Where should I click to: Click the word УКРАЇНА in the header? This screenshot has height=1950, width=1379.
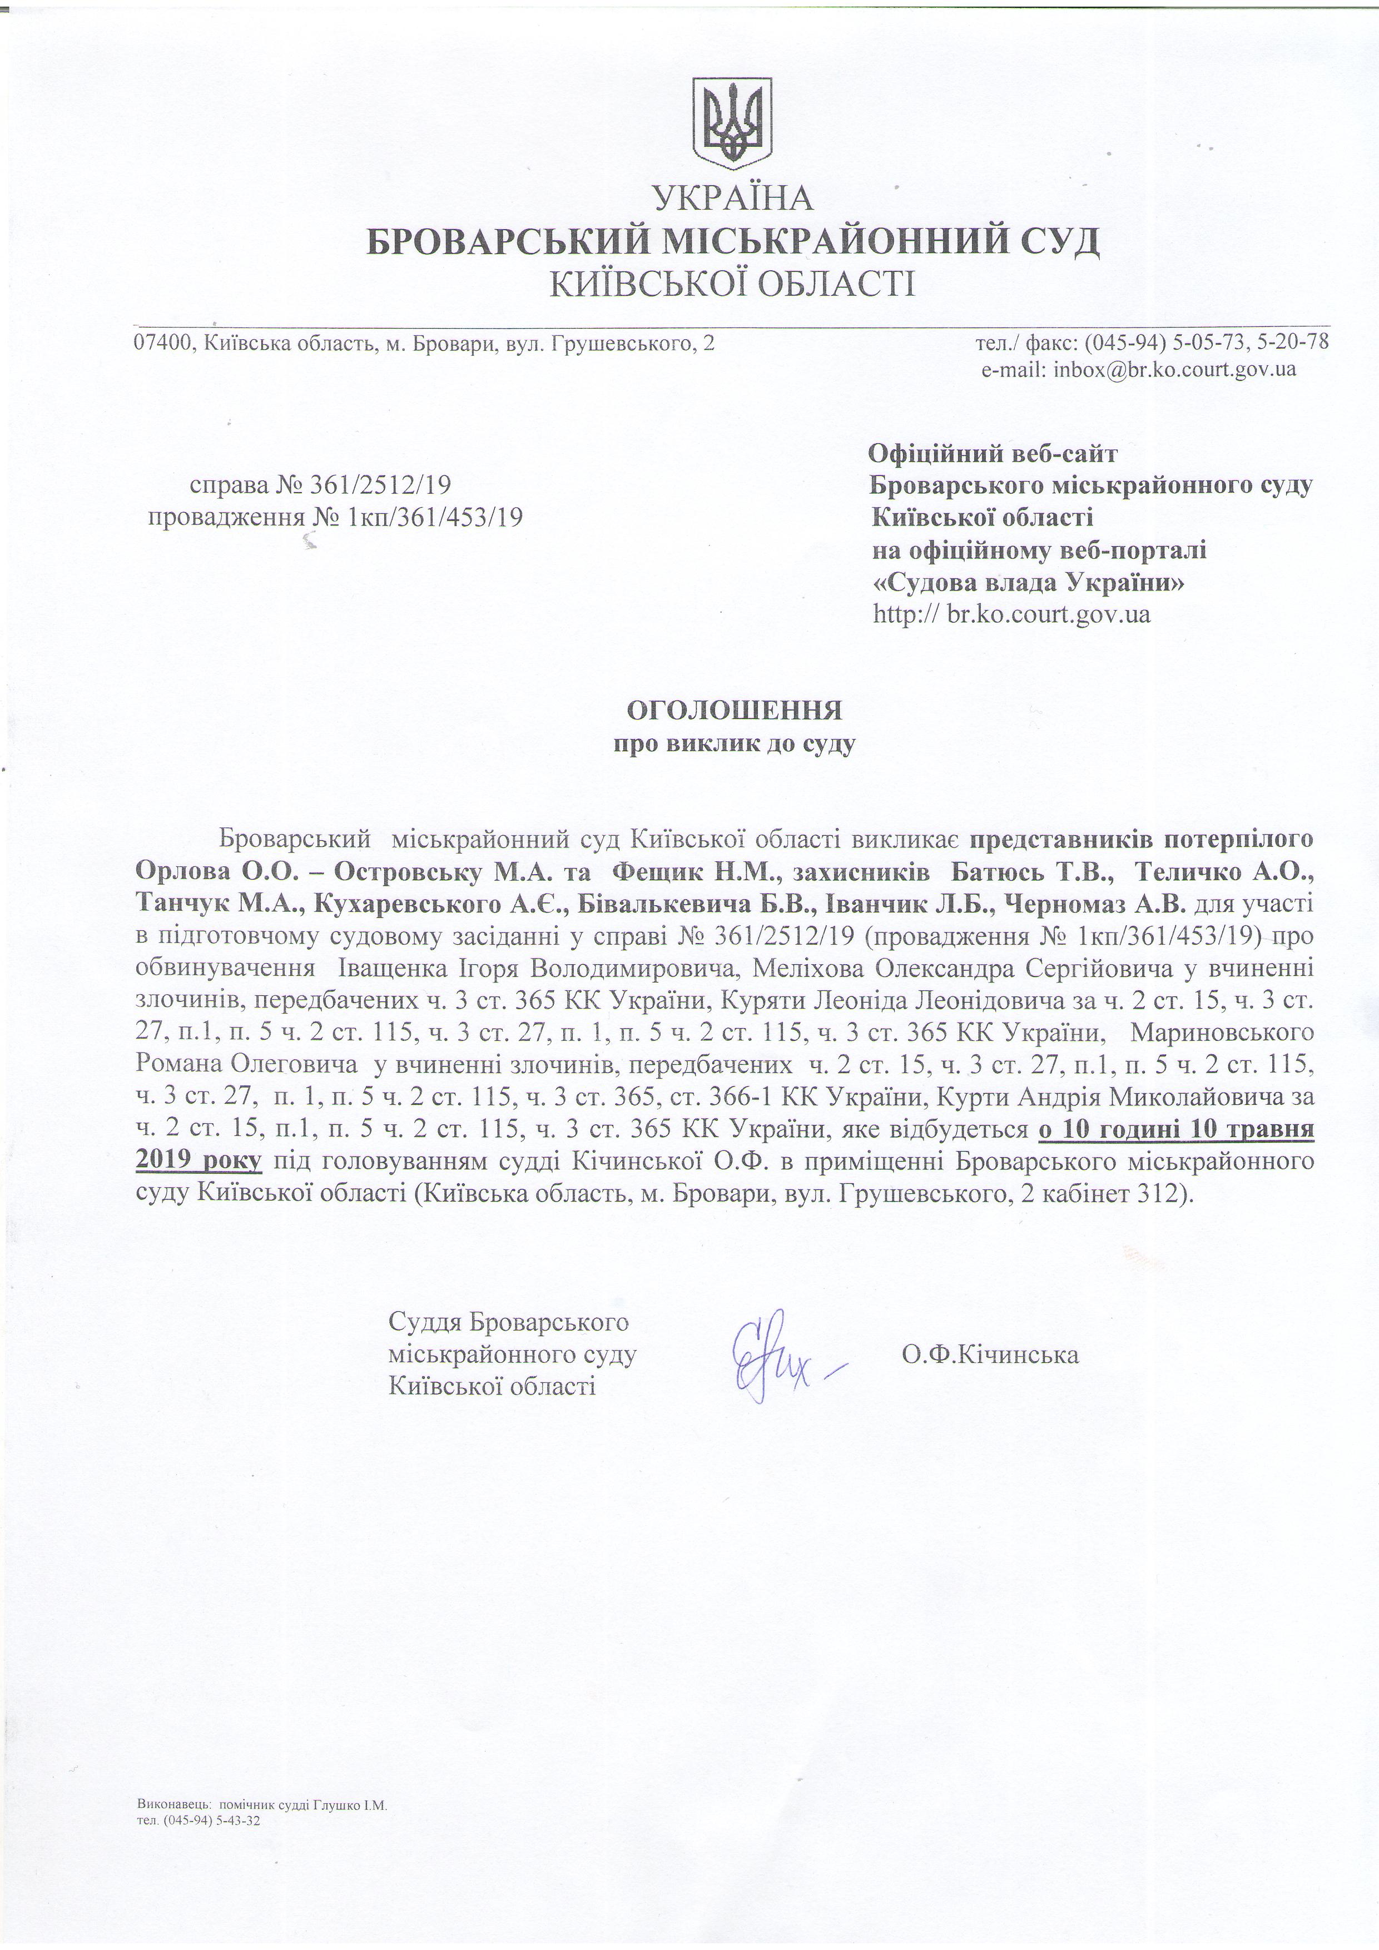tap(733, 198)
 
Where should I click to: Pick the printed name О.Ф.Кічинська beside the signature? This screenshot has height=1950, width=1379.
tap(991, 1354)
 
